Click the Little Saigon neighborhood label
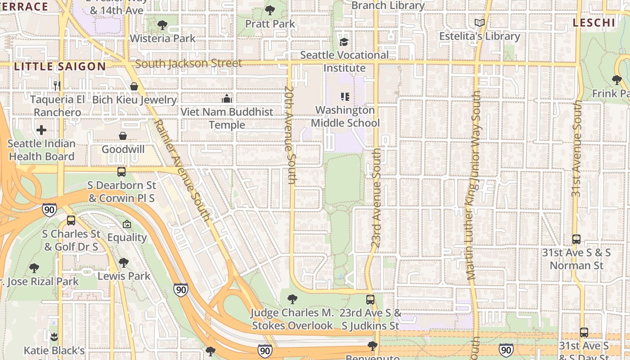pyautogui.click(x=60, y=67)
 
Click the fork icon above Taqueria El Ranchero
pyautogui.click(x=57, y=85)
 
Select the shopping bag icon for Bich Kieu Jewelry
pyautogui.click(x=134, y=86)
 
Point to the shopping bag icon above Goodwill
pyautogui.click(x=122, y=135)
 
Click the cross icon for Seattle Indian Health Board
pyautogui.click(x=41, y=130)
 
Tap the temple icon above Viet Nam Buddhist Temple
pyautogui.click(x=227, y=99)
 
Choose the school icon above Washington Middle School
pyautogui.click(x=345, y=97)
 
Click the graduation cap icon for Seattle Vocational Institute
pyautogui.click(x=344, y=42)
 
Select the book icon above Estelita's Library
pyautogui.click(x=480, y=22)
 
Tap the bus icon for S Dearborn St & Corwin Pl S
pyautogui.click(x=121, y=172)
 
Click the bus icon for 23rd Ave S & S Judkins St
pyautogui.click(x=370, y=299)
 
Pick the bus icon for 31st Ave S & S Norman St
pyautogui.click(x=576, y=239)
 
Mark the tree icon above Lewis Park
pyautogui.click(x=124, y=262)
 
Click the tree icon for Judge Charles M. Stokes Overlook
pyautogui.click(x=292, y=299)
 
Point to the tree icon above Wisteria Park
pyautogui.click(x=162, y=25)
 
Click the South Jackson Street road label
pyautogui.click(x=189, y=63)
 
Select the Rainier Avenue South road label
pyautogui.click(x=182, y=170)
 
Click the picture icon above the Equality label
pyautogui.click(x=127, y=224)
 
